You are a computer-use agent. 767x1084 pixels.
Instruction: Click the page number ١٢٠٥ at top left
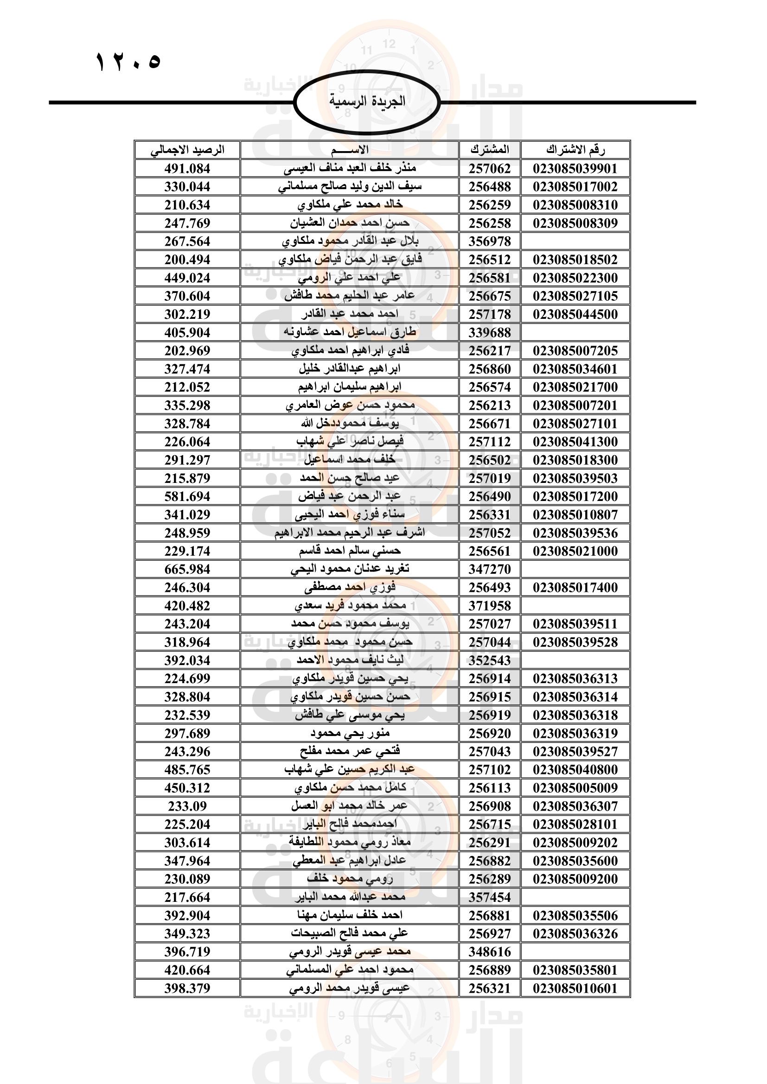(x=128, y=62)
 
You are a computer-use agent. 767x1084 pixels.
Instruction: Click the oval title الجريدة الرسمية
(x=367, y=101)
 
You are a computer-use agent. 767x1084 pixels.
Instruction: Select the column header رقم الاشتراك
(x=575, y=150)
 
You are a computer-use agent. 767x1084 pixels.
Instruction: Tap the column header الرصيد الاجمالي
(x=187, y=150)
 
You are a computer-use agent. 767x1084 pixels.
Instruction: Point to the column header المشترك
(x=490, y=150)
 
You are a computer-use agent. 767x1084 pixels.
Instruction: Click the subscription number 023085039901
(x=575, y=169)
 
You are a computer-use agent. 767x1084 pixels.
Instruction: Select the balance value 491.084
(x=187, y=169)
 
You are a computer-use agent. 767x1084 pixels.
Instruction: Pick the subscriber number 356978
(x=490, y=241)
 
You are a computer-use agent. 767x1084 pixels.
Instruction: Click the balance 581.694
(x=187, y=497)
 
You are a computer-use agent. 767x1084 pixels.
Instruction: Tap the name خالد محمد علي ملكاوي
(x=350, y=205)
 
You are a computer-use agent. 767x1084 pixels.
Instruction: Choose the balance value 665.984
(x=187, y=570)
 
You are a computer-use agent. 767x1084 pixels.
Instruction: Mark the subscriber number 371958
(x=490, y=606)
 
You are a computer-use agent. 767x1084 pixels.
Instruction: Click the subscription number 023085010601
(x=575, y=989)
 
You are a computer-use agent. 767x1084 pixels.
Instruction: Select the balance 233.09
(x=187, y=806)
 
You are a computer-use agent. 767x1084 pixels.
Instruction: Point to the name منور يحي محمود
(x=350, y=733)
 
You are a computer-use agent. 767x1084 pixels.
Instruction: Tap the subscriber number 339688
(x=490, y=332)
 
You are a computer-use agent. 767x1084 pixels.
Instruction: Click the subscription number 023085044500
(x=575, y=314)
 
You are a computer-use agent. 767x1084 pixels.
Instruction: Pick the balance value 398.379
(x=187, y=989)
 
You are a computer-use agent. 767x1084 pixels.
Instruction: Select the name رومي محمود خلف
(x=350, y=879)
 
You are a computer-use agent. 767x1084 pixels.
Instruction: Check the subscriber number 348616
(x=490, y=952)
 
